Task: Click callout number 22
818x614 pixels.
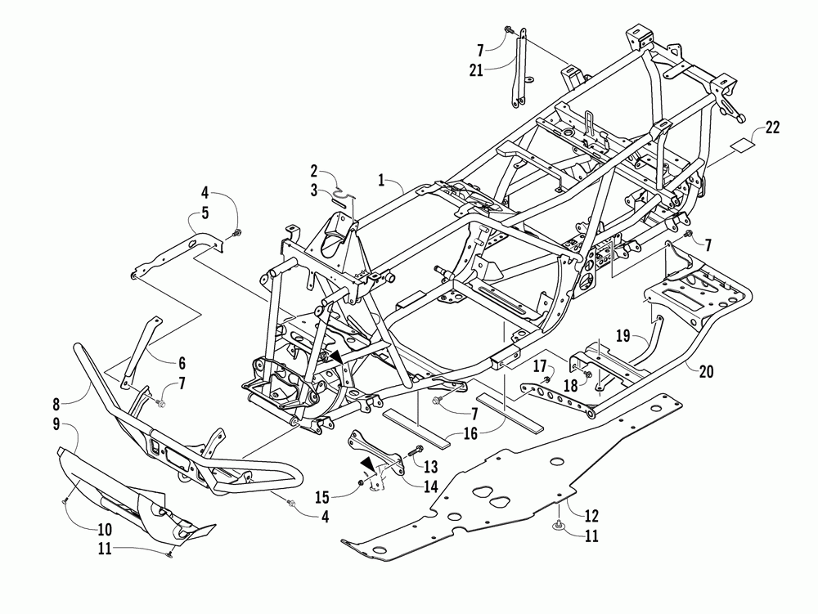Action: coord(772,127)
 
